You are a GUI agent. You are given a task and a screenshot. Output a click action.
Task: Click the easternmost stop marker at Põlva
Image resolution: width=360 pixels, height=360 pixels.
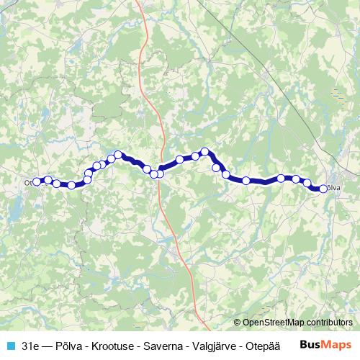pos(323,189)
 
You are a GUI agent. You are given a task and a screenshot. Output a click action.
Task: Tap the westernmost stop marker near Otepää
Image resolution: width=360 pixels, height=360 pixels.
pos(37,182)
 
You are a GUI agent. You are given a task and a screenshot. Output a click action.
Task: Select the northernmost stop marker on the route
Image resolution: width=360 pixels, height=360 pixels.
pos(205,152)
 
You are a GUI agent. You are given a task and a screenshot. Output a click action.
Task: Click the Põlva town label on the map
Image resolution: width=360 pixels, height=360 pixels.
pos(333,188)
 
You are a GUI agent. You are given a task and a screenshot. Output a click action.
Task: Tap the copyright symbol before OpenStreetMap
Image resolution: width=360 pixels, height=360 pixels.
pos(238,323)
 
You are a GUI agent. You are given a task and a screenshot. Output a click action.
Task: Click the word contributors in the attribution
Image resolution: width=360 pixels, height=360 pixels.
pos(329,323)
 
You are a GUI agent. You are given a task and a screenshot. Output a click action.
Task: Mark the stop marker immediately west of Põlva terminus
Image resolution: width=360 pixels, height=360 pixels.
pos(307,182)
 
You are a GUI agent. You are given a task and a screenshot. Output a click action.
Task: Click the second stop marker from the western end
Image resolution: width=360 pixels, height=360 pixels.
pos(48,180)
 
